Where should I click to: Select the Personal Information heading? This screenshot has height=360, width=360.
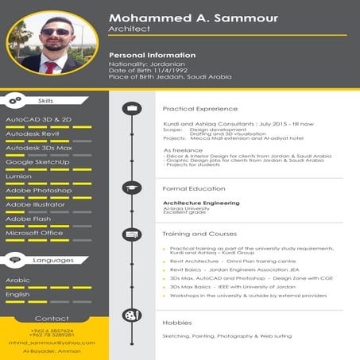pyautogui.click(x=152, y=55)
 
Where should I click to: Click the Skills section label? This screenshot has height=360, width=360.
pyautogui.click(x=45, y=100)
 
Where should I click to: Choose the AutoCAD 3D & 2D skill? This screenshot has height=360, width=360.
pyautogui.click(x=39, y=119)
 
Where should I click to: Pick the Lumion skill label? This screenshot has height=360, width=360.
pyautogui.click(x=19, y=176)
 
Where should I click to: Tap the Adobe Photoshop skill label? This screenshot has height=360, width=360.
pyautogui.click(x=38, y=191)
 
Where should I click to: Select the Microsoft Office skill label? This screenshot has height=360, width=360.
pyautogui.click(x=34, y=234)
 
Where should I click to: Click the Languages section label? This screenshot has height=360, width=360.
pyautogui.click(x=55, y=260)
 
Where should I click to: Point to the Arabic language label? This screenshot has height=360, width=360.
pyautogui.click(x=17, y=281)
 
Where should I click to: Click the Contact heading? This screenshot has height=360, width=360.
pyautogui.click(x=52, y=318)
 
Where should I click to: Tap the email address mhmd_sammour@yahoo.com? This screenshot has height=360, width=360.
pyautogui.click(x=52, y=343)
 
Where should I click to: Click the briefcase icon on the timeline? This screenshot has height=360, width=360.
pyautogui.click(x=131, y=107)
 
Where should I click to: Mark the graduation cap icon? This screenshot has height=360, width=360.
pyautogui.click(x=131, y=188)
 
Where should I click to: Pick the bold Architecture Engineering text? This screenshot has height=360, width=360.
pyautogui.click(x=200, y=203)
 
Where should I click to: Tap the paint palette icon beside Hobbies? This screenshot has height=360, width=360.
pyautogui.click(x=131, y=315)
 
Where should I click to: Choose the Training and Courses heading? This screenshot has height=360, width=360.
pyautogui.click(x=199, y=234)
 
